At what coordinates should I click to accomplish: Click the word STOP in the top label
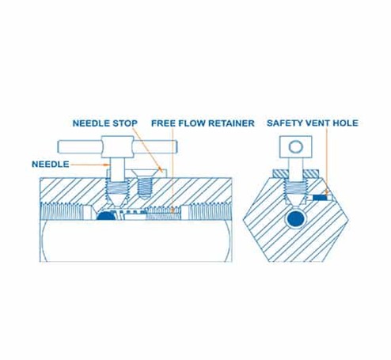pyautogui.click(x=125, y=123)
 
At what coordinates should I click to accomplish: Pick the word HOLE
pyautogui.click(x=346, y=123)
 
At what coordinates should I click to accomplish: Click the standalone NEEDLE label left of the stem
pyautogui.click(x=51, y=165)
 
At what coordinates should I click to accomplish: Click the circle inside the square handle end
pyautogui.click(x=295, y=146)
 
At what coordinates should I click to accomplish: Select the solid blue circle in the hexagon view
pyautogui.click(x=296, y=219)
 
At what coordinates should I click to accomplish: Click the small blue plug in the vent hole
pyautogui.click(x=320, y=197)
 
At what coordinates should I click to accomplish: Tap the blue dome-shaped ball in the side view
pyautogui.click(x=106, y=216)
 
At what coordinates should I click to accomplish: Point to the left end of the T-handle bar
pyautogui.click(x=59, y=147)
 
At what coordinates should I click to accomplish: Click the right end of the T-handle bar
pyautogui.click(x=176, y=147)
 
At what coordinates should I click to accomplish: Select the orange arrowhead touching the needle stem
pyautogui.click(x=107, y=165)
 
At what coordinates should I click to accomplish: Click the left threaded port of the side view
pyautogui.click(x=63, y=211)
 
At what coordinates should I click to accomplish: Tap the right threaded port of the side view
pyautogui.click(x=211, y=211)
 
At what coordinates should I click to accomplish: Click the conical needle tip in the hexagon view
pyautogui.click(x=295, y=201)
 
